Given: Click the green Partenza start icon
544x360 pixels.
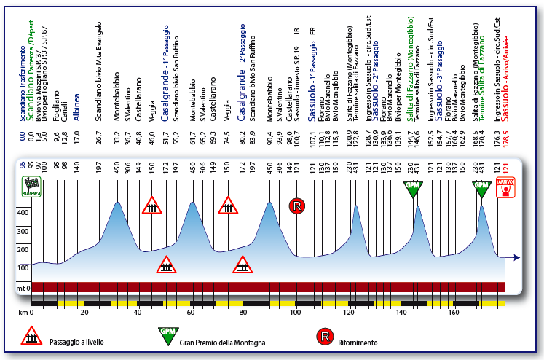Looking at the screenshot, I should click(33, 187).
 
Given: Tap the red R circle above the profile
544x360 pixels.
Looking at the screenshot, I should click(296, 206).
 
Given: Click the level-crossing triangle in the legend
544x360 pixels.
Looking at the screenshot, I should click(31, 337).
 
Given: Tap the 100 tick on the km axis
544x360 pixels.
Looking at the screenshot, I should click(295, 312).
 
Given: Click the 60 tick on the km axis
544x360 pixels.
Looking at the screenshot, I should click(190, 312).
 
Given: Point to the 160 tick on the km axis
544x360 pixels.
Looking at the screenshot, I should click(453, 312).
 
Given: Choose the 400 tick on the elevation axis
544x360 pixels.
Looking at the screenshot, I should click(22, 212).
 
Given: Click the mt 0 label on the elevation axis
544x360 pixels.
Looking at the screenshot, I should click(22, 288).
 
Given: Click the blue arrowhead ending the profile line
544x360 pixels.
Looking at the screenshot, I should click(516, 257).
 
